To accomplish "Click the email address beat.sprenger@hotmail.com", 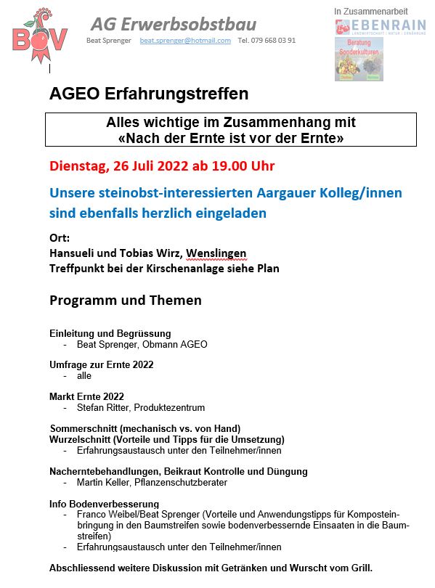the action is pos(185,41).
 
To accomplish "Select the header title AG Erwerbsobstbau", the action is pos(174,23).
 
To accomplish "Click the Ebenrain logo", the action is pos(381,27).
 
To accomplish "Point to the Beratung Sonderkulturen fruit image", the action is pos(358,60).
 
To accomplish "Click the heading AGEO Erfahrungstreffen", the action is pos(149,94).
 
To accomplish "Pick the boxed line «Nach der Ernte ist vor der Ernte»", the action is pos(230,137).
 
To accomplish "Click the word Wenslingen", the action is pos(216,253).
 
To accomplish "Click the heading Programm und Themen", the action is pos(125,300).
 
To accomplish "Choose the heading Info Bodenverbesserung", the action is pos(104,503).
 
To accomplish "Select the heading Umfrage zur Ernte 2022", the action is pos(101,364).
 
